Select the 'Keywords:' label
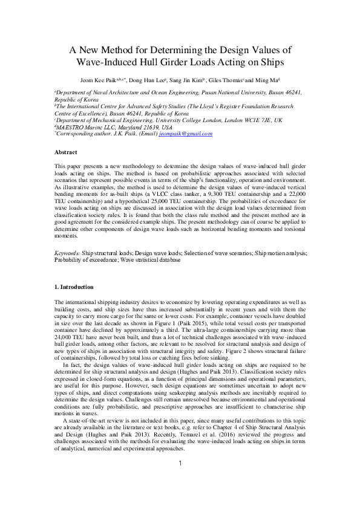tap(67, 254)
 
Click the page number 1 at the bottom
tap(180, 481)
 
